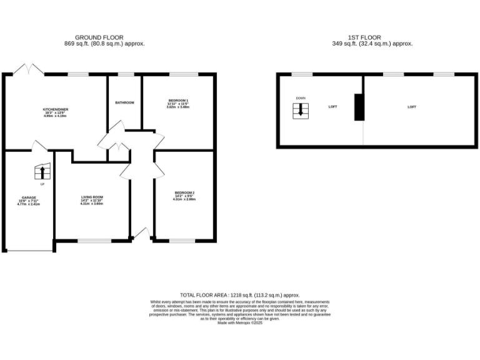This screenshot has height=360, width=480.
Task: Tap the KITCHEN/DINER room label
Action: click(x=56, y=109)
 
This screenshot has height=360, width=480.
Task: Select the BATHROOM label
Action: click(x=124, y=102)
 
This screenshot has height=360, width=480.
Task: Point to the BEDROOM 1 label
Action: click(x=178, y=101)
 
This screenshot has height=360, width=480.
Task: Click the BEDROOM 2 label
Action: click(x=184, y=192)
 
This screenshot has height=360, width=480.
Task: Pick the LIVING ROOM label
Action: click(x=92, y=197)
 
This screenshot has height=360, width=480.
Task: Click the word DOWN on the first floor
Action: click(x=301, y=98)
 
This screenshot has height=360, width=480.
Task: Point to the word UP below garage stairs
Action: click(x=42, y=184)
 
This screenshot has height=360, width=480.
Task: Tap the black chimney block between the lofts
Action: click(x=359, y=107)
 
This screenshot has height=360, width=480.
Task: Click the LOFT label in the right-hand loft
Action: click(x=412, y=107)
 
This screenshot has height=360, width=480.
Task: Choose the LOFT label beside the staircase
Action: click(x=332, y=107)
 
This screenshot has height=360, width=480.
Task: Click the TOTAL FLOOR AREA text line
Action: click(x=240, y=294)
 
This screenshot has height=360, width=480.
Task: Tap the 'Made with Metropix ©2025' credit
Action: click(x=240, y=322)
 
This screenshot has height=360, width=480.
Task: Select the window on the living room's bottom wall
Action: click(x=94, y=241)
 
